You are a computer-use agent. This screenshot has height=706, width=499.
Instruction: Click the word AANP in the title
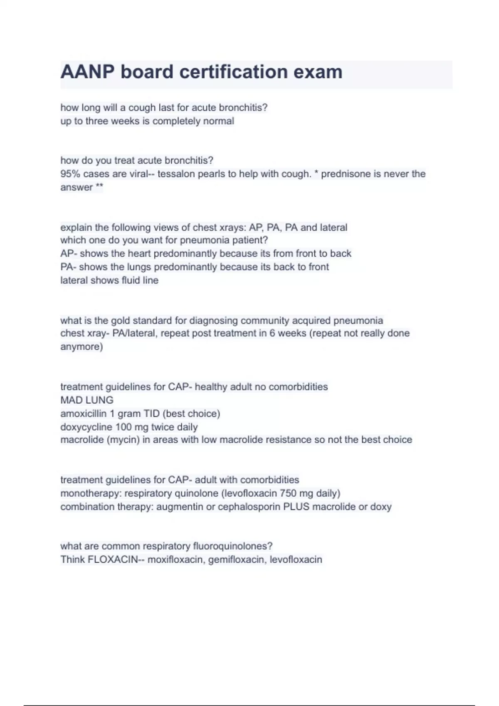tap(87, 72)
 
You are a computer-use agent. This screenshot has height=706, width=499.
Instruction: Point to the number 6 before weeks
tap(272, 333)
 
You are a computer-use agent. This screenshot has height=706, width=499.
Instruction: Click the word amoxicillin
tap(83, 414)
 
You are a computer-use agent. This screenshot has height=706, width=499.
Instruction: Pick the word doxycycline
tap(85, 427)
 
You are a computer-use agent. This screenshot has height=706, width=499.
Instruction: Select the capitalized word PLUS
tap(296, 507)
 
